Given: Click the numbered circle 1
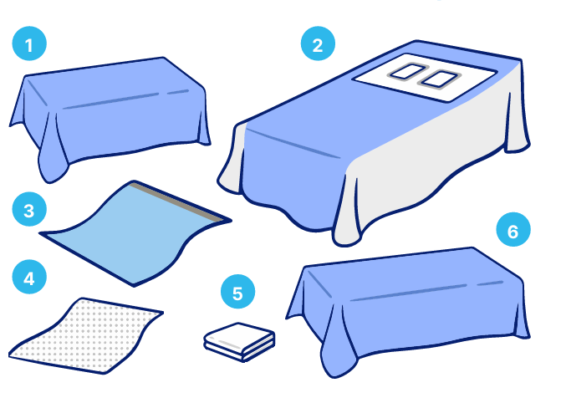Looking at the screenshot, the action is (29, 43).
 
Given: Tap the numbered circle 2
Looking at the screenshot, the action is (318, 43).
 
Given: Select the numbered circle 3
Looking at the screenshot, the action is (29, 209).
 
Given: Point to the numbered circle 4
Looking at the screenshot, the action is (29, 277).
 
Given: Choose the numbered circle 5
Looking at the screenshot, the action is (238, 292).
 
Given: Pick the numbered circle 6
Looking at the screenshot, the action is (513, 229).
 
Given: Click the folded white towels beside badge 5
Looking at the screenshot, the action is (239, 342).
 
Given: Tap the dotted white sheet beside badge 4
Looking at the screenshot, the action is (86, 335).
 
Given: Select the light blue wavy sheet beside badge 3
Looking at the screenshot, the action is (136, 233).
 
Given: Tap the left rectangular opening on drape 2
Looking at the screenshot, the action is (407, 71).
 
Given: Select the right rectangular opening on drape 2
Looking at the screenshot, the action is (440, 79).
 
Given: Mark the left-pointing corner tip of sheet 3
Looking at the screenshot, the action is (40, 233).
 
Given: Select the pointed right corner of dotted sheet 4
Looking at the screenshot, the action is (162, 313).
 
